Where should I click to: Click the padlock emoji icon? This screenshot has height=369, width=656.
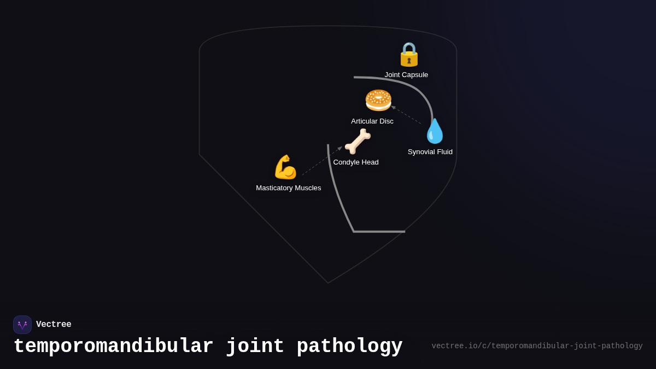click(409, 54)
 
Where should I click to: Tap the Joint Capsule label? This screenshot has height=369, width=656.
click(406, 75)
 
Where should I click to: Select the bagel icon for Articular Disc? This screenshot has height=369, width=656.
click(378, 100)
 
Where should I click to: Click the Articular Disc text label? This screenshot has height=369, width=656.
click(372, 121)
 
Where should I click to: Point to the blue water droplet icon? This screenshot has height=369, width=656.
click(435, 131)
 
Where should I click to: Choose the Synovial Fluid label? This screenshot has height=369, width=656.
click(430, 152)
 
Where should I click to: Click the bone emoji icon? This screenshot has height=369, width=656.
click(358, 142)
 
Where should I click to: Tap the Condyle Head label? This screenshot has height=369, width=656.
click(356, 162)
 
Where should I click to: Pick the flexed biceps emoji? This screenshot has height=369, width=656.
click(285, 167)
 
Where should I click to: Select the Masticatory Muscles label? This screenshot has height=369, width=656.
click(289, 188)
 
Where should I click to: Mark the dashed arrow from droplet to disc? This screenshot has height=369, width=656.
click(406, 115)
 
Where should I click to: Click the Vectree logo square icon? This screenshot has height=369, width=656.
click(22, 325)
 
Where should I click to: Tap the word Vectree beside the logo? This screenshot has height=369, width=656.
click(54, 325)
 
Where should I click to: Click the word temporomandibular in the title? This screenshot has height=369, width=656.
click(113, 347)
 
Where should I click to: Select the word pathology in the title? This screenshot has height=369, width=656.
click(349, 347)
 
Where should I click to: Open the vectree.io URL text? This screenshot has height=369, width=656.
click(537, 346)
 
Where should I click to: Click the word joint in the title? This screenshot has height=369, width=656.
click(255, 347)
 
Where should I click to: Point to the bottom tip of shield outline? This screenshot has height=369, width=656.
click(328, 283)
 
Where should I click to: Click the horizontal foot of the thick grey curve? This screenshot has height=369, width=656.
click(379, 232)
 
